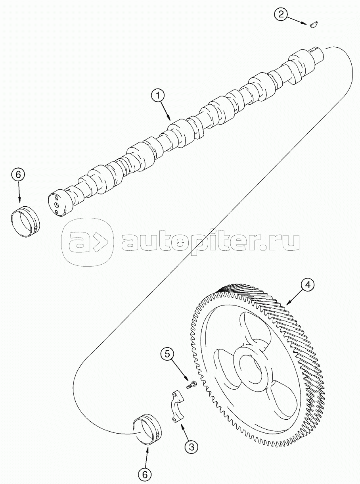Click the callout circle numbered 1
point(158,95)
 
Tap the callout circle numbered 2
point(281,15)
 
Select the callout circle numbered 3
point(191,448)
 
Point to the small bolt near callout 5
point(192,384)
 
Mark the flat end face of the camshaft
point(56,204)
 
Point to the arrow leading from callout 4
point(294,298)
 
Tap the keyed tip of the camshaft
point(318,53)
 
